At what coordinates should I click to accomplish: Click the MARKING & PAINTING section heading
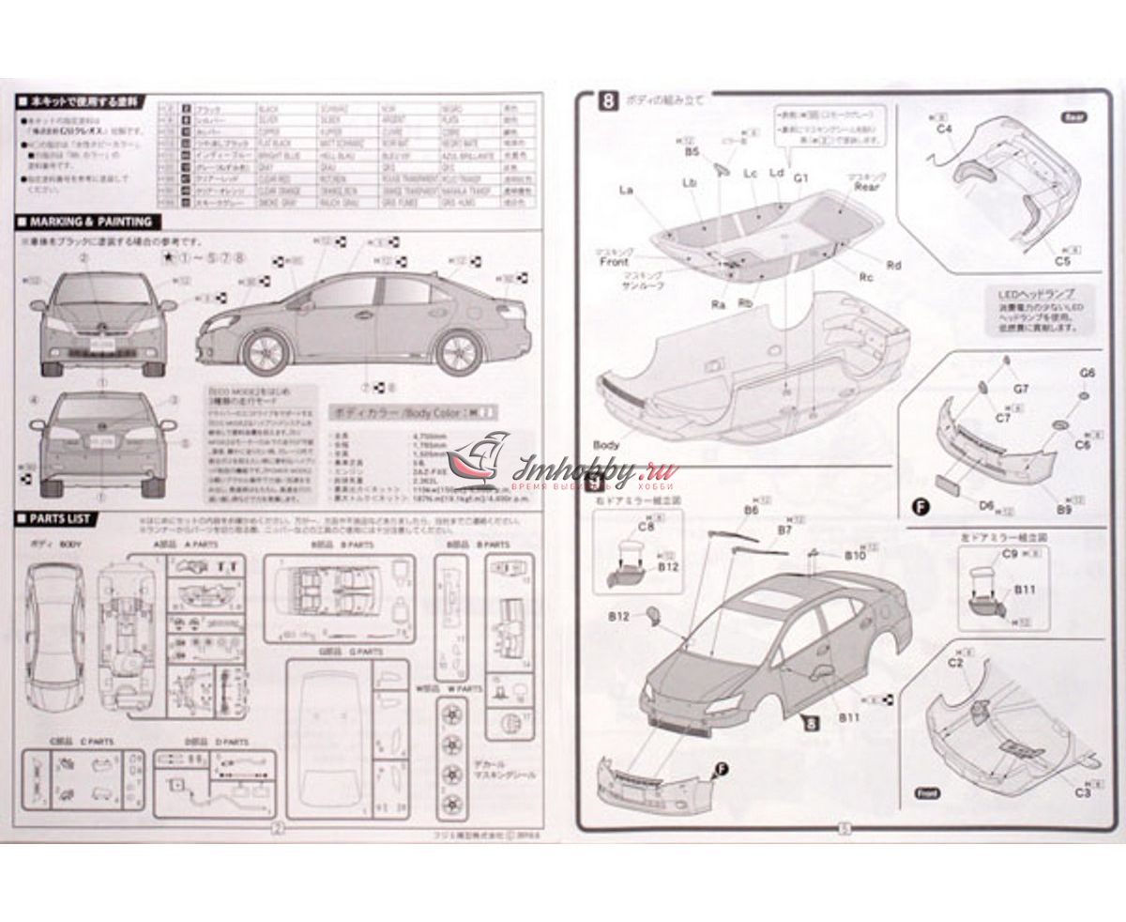(90, 222)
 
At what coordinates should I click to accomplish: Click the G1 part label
(800, 176)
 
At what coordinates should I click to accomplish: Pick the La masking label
(627, 191)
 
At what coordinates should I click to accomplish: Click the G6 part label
(1088, 373)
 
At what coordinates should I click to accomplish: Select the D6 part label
(986, 504)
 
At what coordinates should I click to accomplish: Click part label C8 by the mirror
(645, 528)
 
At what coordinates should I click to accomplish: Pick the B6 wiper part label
(751, 510)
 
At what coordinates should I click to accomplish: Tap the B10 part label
(854, 555)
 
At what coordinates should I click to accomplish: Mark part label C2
(956, 663)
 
